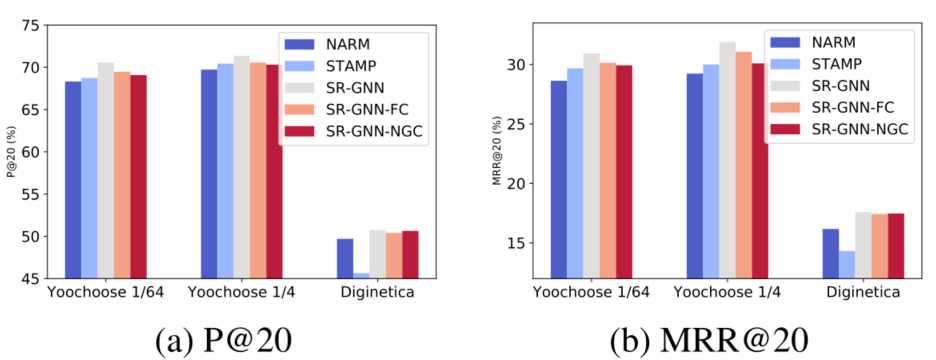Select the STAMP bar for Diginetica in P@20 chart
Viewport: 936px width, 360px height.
(361, 274)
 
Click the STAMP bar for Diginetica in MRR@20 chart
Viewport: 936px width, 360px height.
(846, 264)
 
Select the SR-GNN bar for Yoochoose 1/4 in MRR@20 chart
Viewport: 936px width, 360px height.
(727, 160)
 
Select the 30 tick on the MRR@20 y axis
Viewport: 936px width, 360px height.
(517, 65)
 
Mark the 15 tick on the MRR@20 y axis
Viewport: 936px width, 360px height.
(517, 243)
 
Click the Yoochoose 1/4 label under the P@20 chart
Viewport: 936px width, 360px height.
(241, 293)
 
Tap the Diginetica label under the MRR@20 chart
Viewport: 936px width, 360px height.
(862, 293)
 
